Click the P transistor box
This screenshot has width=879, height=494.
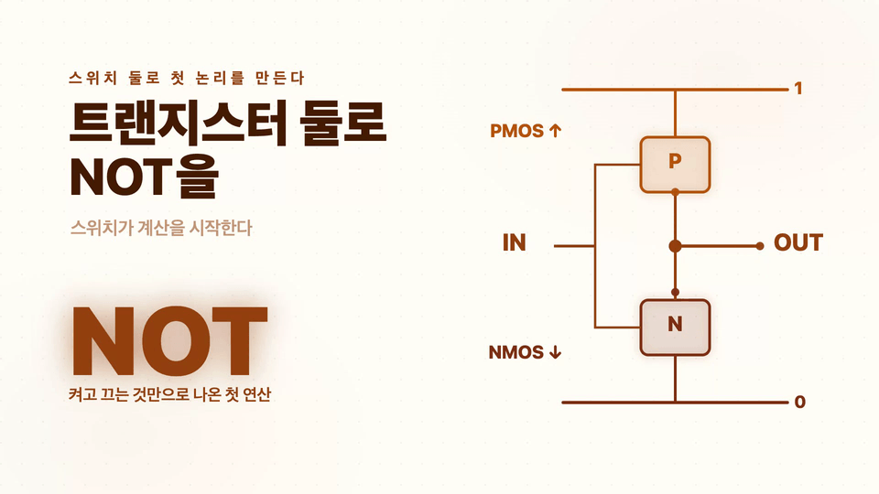click(x=675, y=165)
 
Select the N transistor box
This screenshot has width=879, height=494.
click(x=675, y=328)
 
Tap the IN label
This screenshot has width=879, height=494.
click(x=514, y=243)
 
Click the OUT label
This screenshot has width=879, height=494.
click(x=798, y=243)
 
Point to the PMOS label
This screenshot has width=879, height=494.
click(x=516, y=131)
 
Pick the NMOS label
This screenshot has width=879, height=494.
click(x=516, y=352)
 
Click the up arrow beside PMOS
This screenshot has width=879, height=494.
click(x=555, y=131)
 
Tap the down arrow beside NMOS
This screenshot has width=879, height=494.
click(x=555, y=352)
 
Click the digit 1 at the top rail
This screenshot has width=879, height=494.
click(x=798, y=89)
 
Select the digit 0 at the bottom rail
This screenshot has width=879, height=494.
click(x=800, y=402)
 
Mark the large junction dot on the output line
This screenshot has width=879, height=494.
click(x=675, y=246)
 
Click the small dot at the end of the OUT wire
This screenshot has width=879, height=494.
click(x=760, y=246)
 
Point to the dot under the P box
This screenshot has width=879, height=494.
click(x=675, y=192)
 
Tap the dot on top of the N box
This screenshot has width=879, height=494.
click(x=675, y=293)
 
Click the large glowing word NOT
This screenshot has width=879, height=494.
click(x=170, y=340)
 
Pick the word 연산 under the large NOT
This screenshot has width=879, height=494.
click(x=256, y=394)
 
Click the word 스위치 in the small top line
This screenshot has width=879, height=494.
click(x=92, y=78)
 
